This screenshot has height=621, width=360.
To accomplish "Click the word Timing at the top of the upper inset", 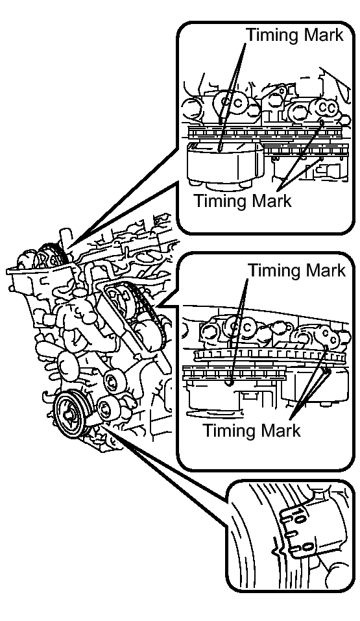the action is point(274,35).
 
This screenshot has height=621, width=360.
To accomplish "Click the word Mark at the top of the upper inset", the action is point(324,34).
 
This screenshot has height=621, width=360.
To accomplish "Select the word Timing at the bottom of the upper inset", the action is point(221,201).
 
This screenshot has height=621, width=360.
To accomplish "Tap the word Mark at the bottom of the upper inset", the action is point(272,201).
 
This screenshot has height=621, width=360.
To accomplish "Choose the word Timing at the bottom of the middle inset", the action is point(230,430).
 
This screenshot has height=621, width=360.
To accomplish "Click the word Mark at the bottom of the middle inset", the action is point(281,430).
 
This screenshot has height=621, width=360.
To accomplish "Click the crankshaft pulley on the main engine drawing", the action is point(71,414).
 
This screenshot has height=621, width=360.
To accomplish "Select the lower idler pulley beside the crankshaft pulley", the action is point(106,408).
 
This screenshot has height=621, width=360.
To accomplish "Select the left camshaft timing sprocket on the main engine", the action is point(50,256).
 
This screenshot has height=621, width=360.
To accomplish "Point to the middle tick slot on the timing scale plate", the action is point(290,534).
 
